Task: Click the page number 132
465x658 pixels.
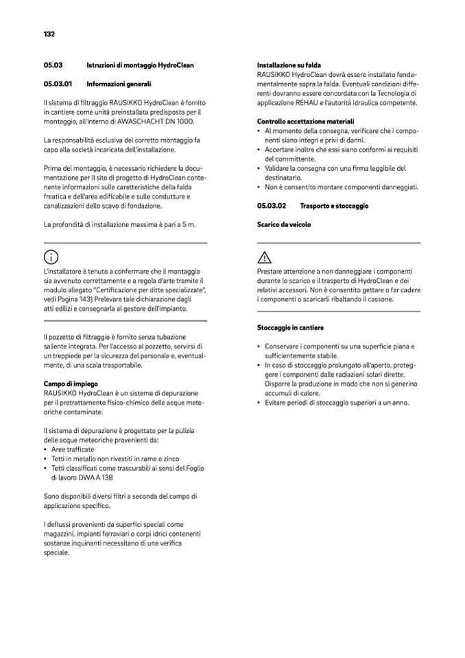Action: pyautogui.click(x=49, y=34)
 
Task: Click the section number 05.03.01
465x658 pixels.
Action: pyautogui.click(x=58, y=84)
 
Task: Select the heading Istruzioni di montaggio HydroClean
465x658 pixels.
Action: pyautogui.click(x=140, y=65)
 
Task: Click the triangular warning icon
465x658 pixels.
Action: pyautogui.click(x=264, y=258)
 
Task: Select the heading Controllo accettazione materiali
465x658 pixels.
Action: pyautogui.click(x=305, y=121)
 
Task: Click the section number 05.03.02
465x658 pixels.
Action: pyautogui.click(x=272, y=205)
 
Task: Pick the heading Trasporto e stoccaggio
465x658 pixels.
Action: pyautogui.click(x=334, y=205)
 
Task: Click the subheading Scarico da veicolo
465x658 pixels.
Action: pyautogui.click(x=284, y=224)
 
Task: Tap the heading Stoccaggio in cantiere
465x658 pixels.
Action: pyautogui.click(x=290, y=327)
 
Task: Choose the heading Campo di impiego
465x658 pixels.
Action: pyautogui.click(x=71, y=383)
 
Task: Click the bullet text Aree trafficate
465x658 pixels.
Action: pyautogui.click(x=73, y=449)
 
